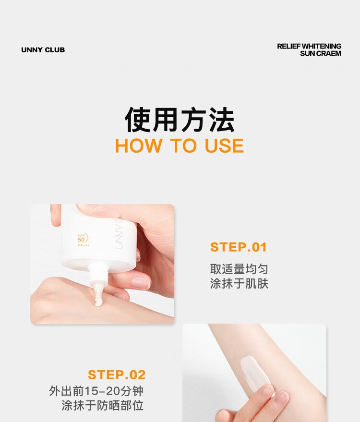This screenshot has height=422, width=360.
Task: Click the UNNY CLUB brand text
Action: (43, 50)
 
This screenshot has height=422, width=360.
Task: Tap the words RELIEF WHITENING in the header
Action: (309, 46)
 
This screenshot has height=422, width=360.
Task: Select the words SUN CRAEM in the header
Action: (321, 54)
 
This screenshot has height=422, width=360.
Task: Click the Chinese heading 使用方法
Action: (180, 120)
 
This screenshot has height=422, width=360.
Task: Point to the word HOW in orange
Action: (139, 145)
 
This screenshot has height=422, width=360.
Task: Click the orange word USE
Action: (224, 145)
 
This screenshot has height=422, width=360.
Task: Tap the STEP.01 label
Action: (239, 247)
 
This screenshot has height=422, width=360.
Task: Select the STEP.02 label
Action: (117, 374)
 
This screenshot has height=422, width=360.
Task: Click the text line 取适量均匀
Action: (239, 269)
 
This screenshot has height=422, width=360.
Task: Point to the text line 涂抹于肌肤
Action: (239, 283)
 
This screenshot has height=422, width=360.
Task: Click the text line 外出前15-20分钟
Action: (96, 391)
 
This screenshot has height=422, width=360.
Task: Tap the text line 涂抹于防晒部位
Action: (103, 406)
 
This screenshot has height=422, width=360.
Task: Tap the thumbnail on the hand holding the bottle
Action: (140, 283)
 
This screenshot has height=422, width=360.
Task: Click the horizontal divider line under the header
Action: (180, 66)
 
